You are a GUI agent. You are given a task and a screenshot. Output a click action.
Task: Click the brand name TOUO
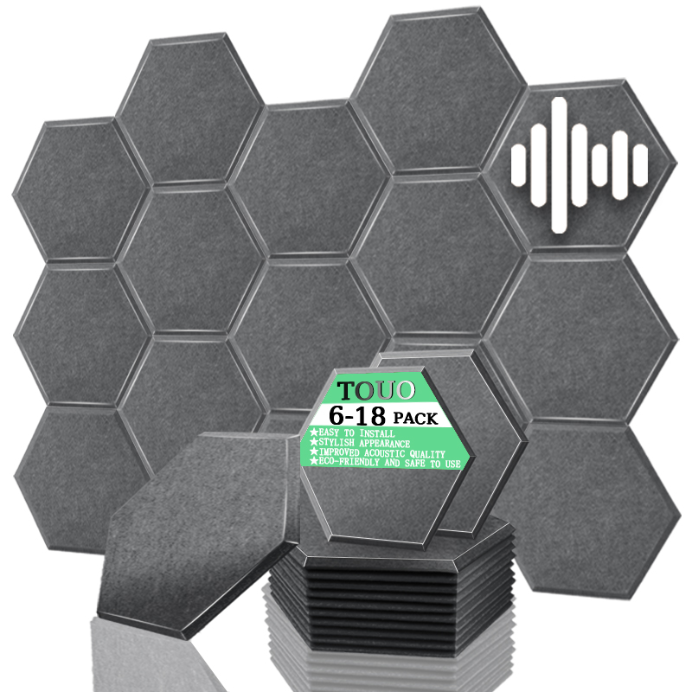pos(376,391)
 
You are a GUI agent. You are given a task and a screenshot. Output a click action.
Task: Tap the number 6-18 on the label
pos(357,415)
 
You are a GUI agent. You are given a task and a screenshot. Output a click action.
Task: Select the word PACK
pos(415,418)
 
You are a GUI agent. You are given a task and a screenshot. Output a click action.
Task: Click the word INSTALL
pos(376,433)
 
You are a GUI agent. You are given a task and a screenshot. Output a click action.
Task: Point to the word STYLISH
pos(336,442)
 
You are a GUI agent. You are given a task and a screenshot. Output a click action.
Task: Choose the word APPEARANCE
pos(384,443)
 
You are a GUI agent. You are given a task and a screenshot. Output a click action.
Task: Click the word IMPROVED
pos(339,452)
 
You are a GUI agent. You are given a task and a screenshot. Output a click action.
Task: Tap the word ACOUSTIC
pos(385,453)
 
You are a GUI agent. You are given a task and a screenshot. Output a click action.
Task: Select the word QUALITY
pos(427,454)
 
